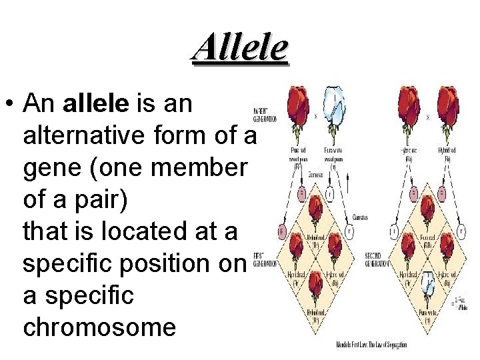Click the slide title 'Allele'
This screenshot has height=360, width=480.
(240, 47)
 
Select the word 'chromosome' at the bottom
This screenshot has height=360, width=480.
(99, 326)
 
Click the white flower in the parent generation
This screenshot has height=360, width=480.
(337, 109)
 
